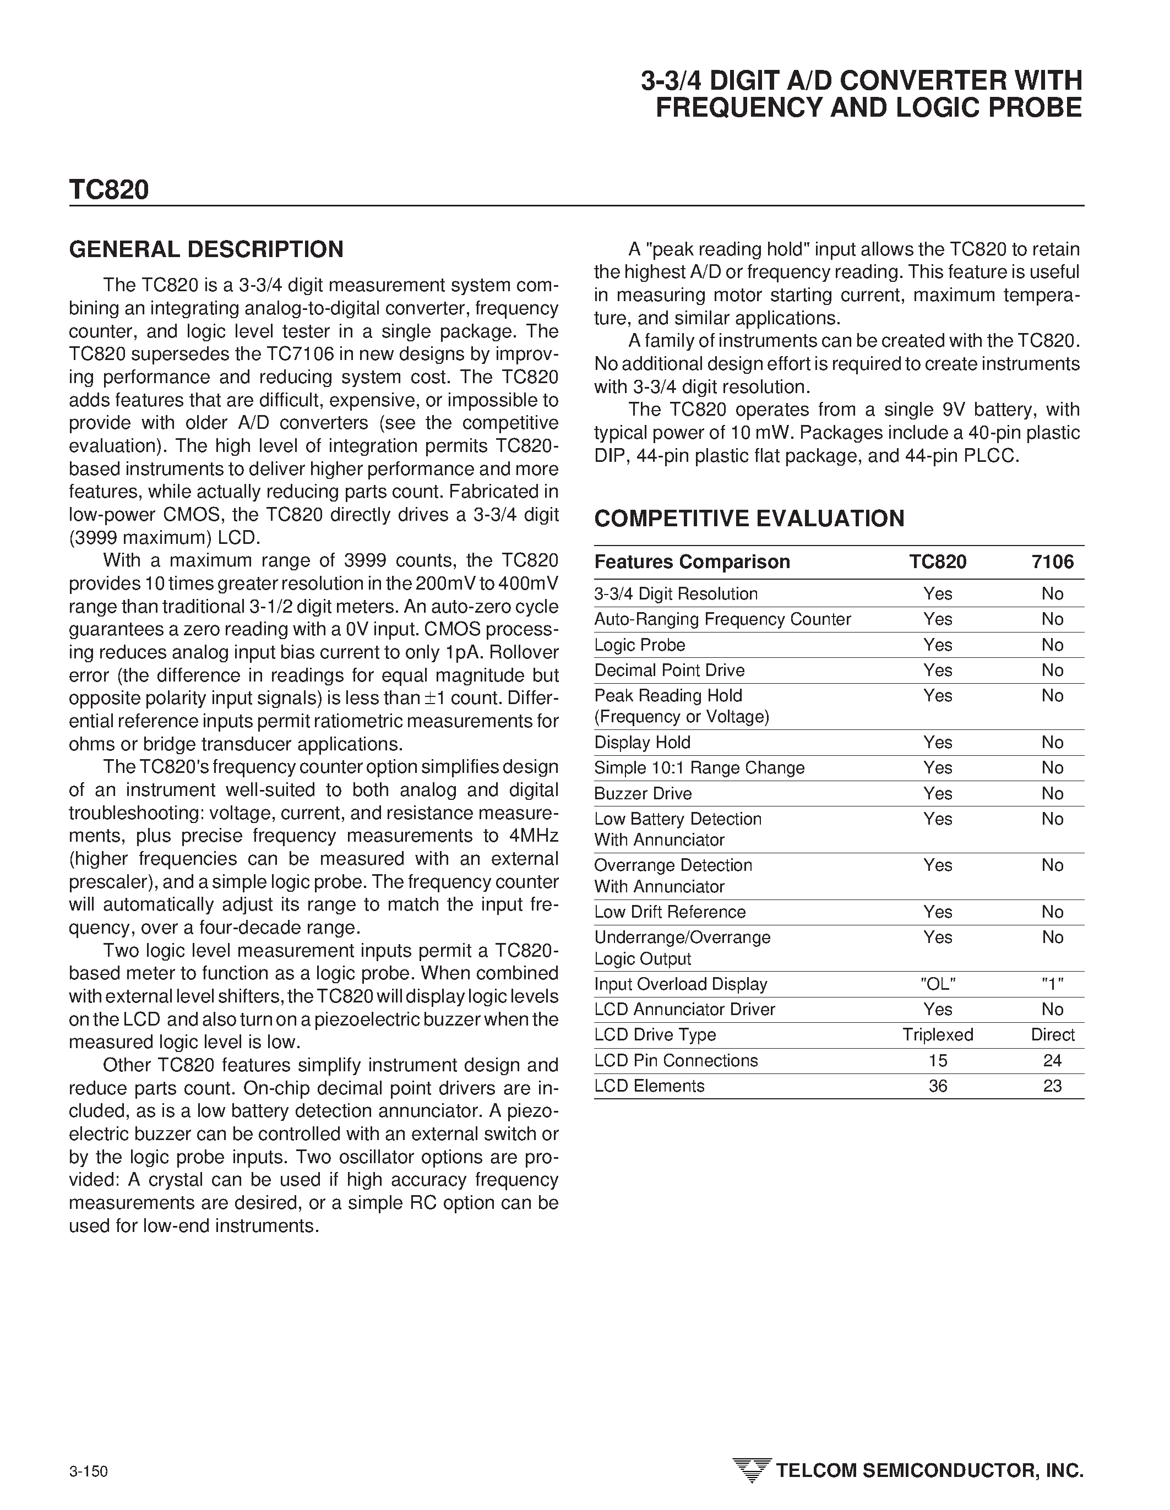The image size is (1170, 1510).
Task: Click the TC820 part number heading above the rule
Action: click(x=108, y=190)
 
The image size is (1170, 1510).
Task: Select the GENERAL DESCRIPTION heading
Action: click(x=206, y=249)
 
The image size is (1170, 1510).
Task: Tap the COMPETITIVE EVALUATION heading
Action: click(x=749, y=519)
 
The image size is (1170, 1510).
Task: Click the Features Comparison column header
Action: click(x=692, y=562)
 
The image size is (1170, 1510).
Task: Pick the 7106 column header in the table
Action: click(x=1052, y=562)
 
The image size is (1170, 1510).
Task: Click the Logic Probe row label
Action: click(x=640, y=645)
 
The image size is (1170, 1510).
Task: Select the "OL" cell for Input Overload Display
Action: click(x=938, y=984)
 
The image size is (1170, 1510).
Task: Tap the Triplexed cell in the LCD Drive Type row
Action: click(x=938, y=1035)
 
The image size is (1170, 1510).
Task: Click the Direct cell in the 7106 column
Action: click(x=1052, y=1035)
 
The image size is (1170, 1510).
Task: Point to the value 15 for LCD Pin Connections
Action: click(x=938, y=1061)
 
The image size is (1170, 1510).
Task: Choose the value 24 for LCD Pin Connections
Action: click(x=1052, y=1061)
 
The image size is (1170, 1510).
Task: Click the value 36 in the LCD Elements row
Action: click(x=938, y=1086)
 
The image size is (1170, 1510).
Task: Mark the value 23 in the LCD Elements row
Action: click(x=1052, y=1086)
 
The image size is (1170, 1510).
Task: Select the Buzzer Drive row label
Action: click(x=643, y=794)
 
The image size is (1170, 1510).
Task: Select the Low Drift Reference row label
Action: click(x=670, y=912)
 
